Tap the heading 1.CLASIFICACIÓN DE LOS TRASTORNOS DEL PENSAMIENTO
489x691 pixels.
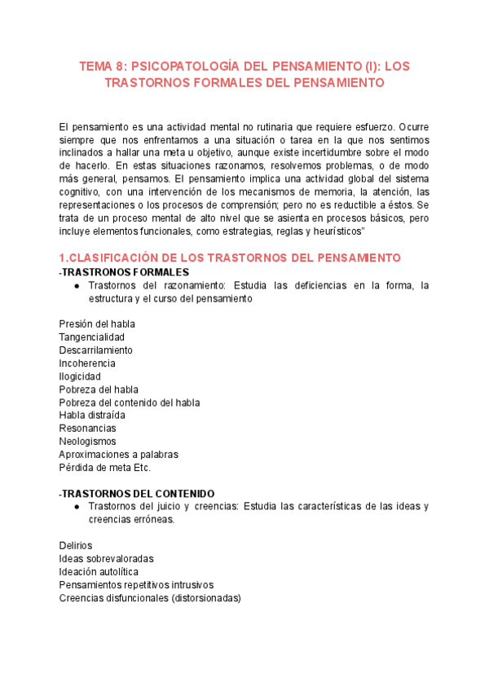230,257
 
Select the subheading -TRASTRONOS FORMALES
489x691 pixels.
124,271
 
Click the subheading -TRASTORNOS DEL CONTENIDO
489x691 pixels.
137,493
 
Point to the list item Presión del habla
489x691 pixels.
97,323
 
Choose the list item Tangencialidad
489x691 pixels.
91,337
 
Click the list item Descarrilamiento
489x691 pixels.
95,350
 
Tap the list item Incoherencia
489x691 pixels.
87,363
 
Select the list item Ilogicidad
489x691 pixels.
80,376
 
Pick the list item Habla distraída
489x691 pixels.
92,415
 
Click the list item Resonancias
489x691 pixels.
87,428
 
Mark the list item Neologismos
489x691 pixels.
87,441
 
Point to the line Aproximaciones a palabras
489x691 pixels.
118,454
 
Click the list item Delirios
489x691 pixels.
76,545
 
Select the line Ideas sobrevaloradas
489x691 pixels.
106,558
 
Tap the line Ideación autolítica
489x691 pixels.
99,571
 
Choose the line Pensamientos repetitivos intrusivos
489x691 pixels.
136,584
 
